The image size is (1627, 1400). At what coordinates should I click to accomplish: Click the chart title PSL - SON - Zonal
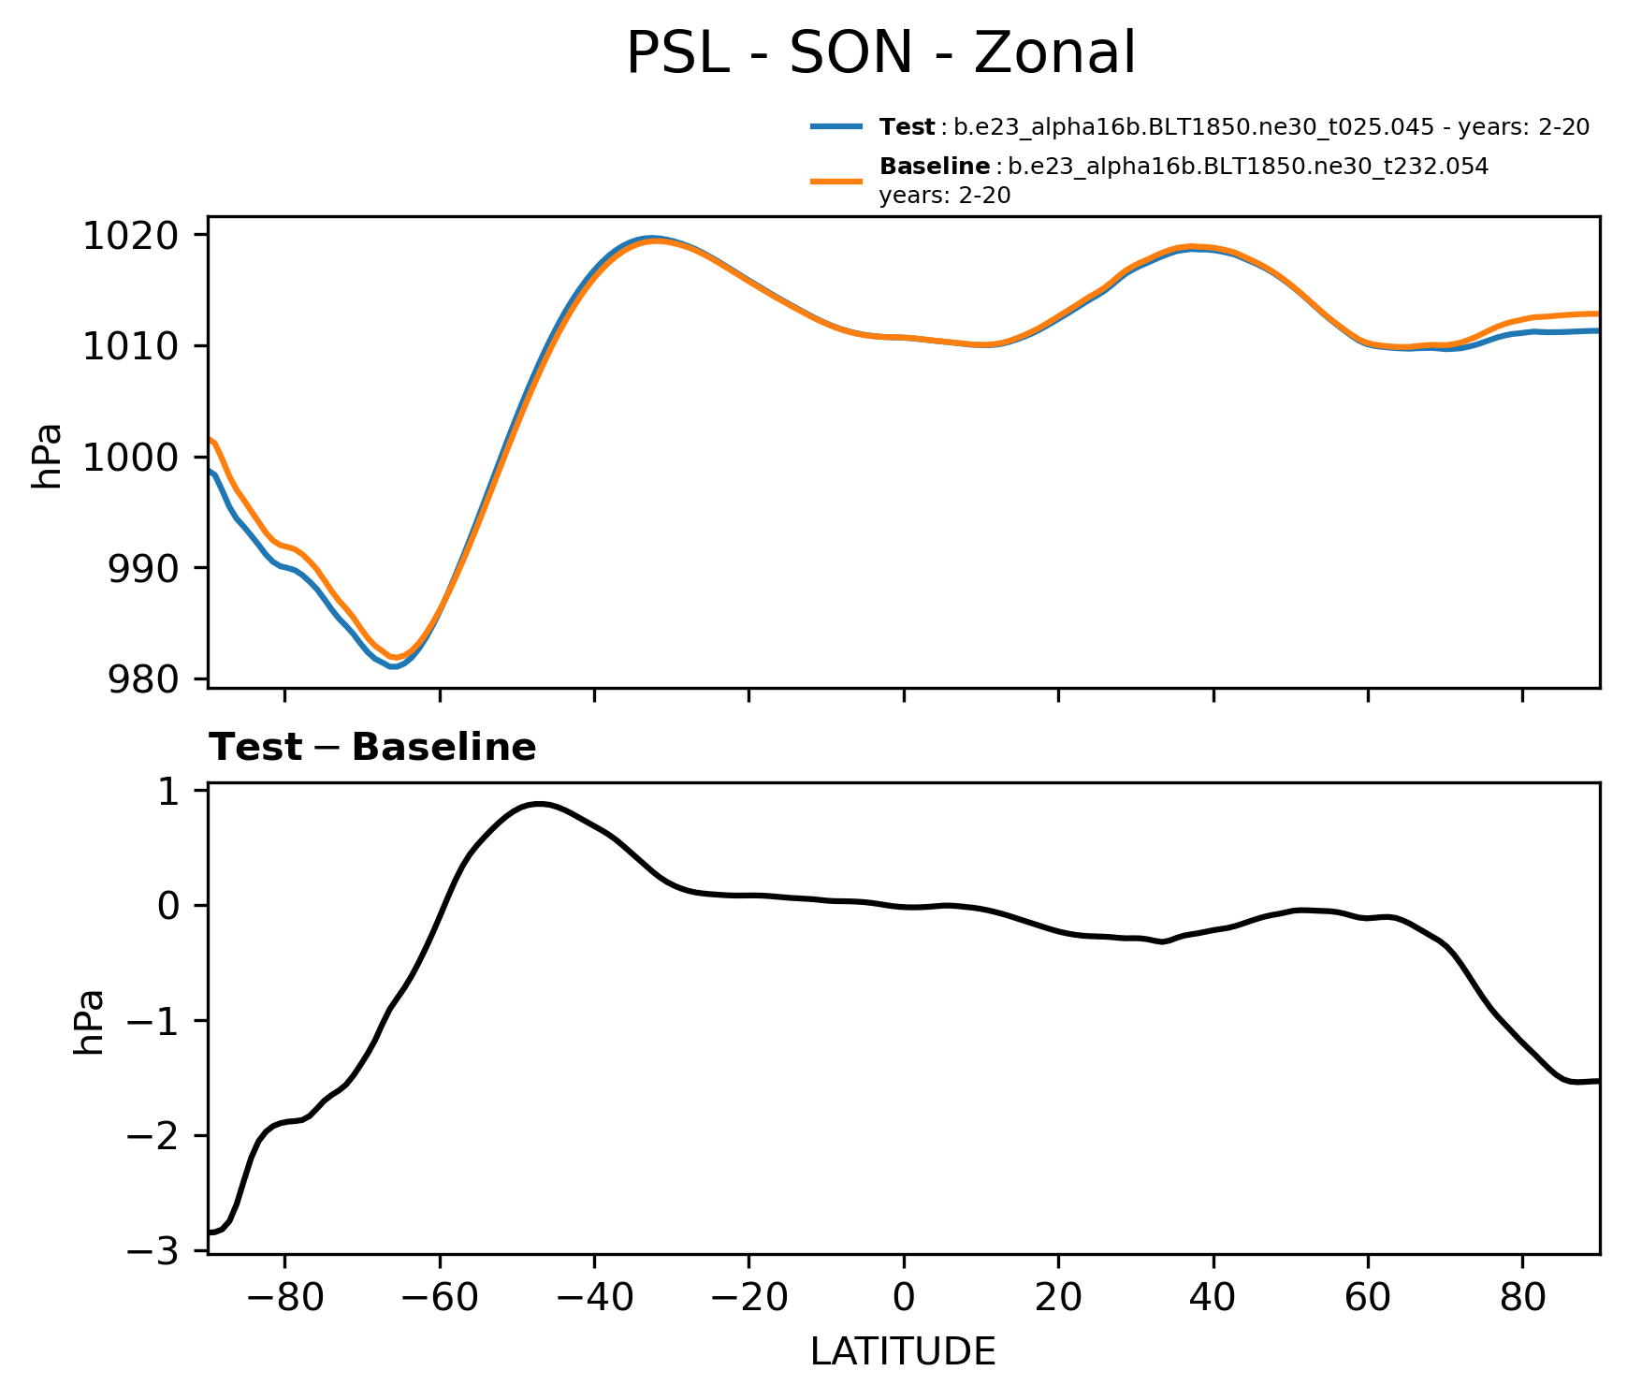(x=879, y=53)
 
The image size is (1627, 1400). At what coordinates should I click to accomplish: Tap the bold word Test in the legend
(x=907, y=127)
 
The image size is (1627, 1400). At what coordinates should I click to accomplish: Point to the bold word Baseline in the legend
(x=935, y=168)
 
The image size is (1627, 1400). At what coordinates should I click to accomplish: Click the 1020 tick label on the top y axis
(x=130, y=236)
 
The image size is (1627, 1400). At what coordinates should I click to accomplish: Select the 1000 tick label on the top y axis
(x=130, y=458)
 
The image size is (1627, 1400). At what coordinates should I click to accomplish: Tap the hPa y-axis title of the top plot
(x=47, y=457)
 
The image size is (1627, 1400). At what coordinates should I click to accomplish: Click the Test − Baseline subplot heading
(x=372, y=748)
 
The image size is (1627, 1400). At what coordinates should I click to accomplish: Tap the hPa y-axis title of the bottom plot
(x=88, y=1022)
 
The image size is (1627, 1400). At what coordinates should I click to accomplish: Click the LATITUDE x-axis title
(x=903, y=1351)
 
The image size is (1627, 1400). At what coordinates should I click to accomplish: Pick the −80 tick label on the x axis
(x=283, y=1298)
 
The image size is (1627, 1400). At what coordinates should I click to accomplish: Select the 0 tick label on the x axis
(x=903, y=1298)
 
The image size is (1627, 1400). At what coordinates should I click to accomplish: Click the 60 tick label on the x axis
(x=1367, y=1298)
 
